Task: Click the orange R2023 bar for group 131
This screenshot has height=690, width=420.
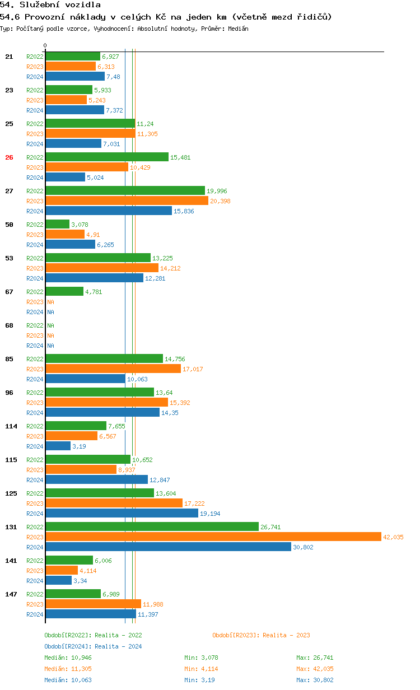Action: pyautogui.click(x=213, y=537)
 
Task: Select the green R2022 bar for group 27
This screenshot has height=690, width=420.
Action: pyautogui.click(x=125, y=190)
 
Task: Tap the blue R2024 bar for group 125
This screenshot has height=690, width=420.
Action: pyautogui.click(x=122, y=513)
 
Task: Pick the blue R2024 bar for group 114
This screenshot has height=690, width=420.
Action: pyautogui.click(x=58, y=446)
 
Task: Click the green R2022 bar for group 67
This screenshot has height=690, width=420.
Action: pyautogui.click(x=64, y=291)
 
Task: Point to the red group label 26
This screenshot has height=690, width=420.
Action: pyautogui.click(x=9, y=157)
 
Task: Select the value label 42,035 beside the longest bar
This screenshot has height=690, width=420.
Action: pyautogui.click(x=393, y=537)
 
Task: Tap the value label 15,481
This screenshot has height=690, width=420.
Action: pyautogui.click(x=180, y=157)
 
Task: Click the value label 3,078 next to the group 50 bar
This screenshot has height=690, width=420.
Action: pyautogui.click(x=80, y=225)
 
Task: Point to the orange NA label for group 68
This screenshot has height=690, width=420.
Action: pyautogui.click(x=50, y=335)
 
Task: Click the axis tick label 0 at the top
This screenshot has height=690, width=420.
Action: pyautogui.click(x=45, y=45)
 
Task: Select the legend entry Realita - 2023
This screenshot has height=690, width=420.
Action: pyautogui.click(x=261, y=635)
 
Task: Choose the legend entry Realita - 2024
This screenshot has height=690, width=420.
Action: pyautogui.click(x=93, y=646)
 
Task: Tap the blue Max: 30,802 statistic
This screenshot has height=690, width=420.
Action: pyautogui.click(x=315, y=680)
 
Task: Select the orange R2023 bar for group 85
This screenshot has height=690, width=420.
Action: pyautogui.click(x=113, y=369)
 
